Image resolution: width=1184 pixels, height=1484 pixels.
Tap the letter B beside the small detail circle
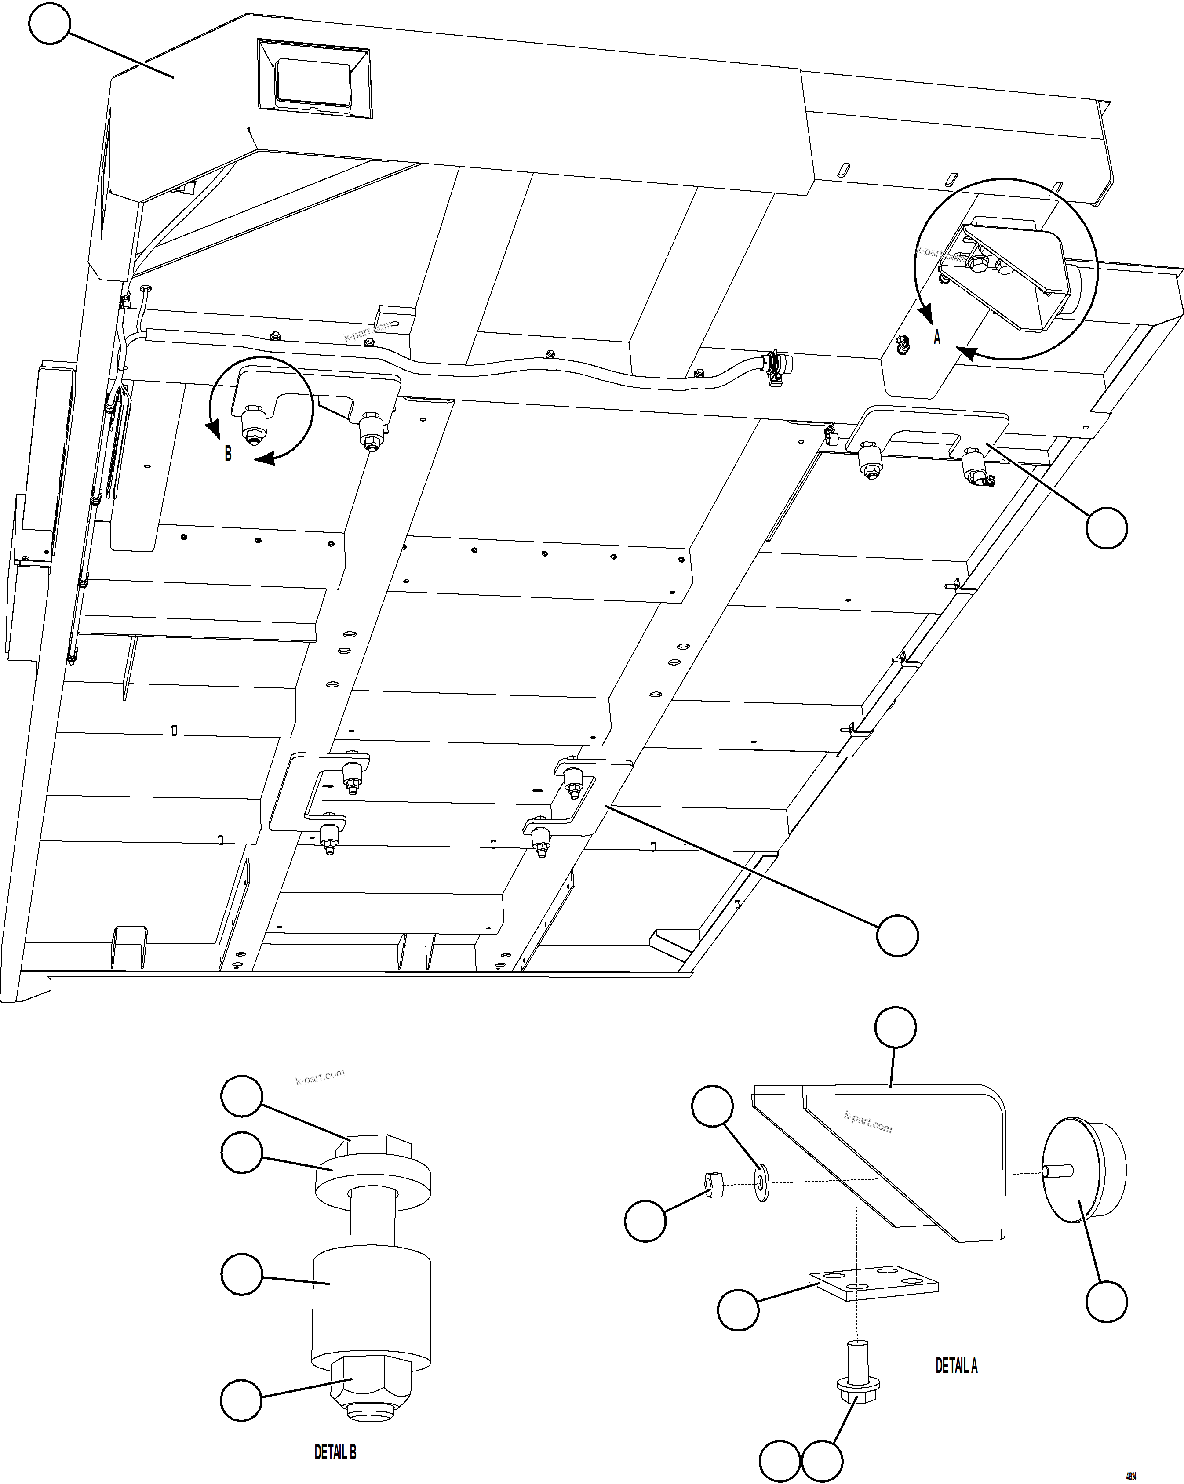pos(228,454)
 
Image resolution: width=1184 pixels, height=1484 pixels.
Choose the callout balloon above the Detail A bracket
pos(895,1028)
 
